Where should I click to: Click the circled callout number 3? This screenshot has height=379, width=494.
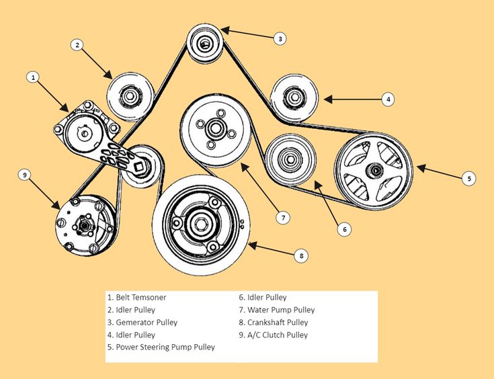point(280,38)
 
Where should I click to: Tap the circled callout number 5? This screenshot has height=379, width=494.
point(470,178)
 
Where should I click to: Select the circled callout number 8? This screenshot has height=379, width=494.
point(302,255)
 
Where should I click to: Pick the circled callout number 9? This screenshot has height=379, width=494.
point(25,175)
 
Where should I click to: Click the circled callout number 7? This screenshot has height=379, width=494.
point(284,217)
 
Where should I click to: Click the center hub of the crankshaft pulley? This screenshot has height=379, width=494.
point(200,223)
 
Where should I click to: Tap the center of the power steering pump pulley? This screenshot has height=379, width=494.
point(374,171)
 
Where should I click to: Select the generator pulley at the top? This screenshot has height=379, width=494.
point(205,44)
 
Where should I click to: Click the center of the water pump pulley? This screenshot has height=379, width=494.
point(216,128)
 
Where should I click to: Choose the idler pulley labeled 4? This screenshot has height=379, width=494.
point(294,99)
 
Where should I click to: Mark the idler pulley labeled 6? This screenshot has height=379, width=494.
point(290,160)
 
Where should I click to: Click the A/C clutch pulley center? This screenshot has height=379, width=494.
point(85,224)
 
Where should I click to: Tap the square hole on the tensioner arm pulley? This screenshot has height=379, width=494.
point(139,166)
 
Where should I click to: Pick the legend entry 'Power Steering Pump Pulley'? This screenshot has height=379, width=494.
point(165,347)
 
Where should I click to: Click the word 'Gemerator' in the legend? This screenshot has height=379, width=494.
point(135,323)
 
